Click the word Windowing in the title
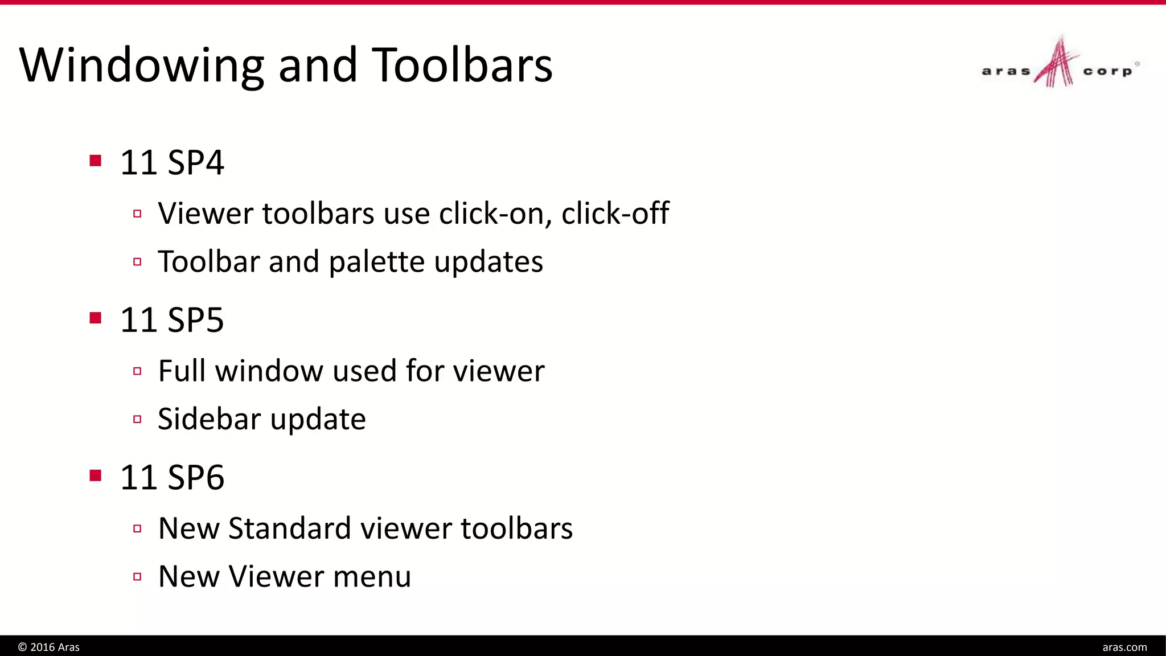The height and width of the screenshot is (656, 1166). pos(142,66)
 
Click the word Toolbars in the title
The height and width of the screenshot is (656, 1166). pos(462,65)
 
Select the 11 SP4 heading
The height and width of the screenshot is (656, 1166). pos(172,162)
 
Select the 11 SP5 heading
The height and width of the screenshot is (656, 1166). pos(172,319)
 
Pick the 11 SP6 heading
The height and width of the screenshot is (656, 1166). pos(172,477)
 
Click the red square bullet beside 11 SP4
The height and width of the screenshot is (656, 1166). pos(96,161)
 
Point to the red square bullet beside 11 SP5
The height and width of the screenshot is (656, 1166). pos(96,318)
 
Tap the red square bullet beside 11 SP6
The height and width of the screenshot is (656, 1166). pos(96,475)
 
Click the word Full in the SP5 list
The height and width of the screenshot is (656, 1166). pos(182,371)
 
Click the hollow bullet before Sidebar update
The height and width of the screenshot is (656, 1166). pos(137,420)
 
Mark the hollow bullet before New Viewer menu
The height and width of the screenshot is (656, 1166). pos(137,577)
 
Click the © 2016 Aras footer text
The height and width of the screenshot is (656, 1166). pos(49,647)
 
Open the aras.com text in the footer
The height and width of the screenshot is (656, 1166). pos(1124,647)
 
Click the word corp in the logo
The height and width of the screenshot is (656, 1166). pos(1107,72)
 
